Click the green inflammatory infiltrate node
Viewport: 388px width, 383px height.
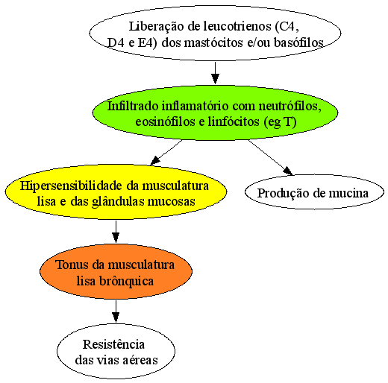pos(215,113)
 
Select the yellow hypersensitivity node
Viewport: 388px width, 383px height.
pos(116,191)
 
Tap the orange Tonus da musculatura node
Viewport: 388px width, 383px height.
pos(116,271)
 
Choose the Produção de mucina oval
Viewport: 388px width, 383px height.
pos(314,191)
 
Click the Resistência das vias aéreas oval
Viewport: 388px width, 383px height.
pos(116,351)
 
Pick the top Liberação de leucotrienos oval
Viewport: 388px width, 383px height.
pos(215,33)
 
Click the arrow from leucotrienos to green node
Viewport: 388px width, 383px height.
pos(215,73)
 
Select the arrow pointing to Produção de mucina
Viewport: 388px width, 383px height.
pos(271,157)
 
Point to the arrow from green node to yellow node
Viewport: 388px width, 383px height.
pos(166,153)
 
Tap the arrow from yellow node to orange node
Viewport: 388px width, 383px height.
pos(116,232)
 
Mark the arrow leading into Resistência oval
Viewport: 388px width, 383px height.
pos(116,311)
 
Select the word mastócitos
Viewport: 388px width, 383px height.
pos(213,42)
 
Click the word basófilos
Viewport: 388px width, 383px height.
pos(298,42)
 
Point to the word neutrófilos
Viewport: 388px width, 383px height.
pos(290,106)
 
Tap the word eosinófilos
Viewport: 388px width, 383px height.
pos(165,121)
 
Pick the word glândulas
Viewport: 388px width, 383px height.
pos(118,201)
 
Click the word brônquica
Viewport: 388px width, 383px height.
pos(126,281)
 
